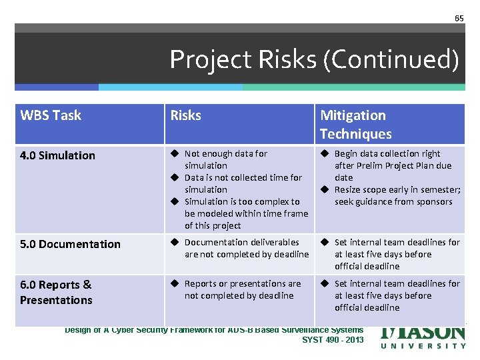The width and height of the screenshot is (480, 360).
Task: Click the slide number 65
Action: coord(459,18)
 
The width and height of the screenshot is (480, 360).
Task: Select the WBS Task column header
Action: coord(51,115)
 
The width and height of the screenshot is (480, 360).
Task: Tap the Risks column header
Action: coord(185,115)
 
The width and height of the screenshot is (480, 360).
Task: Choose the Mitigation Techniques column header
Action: coord(355,124)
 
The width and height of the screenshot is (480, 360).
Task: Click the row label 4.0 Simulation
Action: coord(57,155)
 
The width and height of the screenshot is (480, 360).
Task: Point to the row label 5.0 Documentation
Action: coord(70,244)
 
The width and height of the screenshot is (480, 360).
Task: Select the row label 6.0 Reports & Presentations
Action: coord(56,292)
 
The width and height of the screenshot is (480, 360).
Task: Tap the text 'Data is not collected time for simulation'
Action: coord(243,183)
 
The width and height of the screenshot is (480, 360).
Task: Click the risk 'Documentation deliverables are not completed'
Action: coord(246,248)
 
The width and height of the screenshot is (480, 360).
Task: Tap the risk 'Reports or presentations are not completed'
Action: coord(242,289)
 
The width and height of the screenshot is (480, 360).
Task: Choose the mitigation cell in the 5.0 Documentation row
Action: coord(396,254)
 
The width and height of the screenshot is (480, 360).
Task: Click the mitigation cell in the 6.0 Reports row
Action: coord(396,295)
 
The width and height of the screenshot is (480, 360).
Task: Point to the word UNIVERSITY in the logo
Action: coord(423,345)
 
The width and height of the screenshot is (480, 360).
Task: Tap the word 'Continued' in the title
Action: coord(393,59)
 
